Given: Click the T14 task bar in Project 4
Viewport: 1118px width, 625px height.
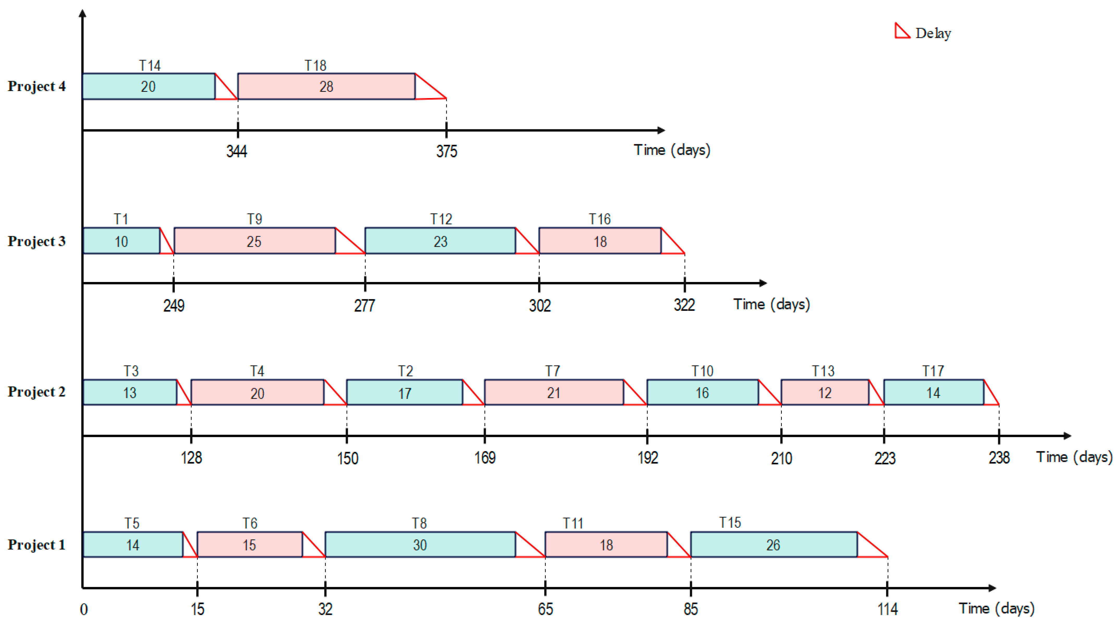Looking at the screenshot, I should (x=149, y=86).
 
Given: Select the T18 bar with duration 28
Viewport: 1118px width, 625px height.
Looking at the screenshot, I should (x=326, y=86).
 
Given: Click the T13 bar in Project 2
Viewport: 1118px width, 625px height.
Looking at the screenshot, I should (x=825, y=392).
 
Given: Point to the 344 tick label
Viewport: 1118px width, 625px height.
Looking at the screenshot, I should (x=237, y=151).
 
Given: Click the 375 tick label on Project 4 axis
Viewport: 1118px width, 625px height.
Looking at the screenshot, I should (x=447, y=151).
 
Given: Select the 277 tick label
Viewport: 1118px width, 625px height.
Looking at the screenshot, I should (x=365, y=305).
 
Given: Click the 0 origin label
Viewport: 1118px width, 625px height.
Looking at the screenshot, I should (x=84, y=609).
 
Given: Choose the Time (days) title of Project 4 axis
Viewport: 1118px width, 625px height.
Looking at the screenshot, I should (x=672, y=150).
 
